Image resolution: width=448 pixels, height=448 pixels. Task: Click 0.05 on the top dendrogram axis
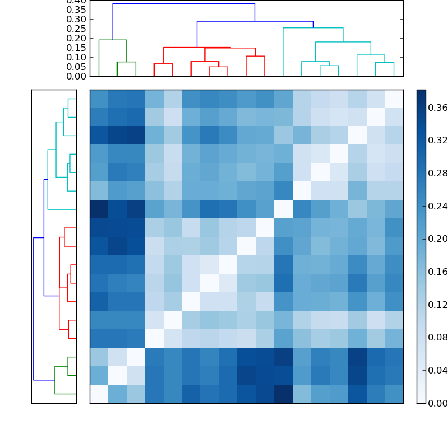click(77, 67)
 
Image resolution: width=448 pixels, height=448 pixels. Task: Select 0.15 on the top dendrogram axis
click(77, 48)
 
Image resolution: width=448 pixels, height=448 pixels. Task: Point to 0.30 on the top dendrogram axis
click(77, 19)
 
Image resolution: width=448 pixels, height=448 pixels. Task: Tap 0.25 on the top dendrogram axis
click(77, 29)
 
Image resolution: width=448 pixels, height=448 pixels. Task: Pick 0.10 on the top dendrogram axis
click(77, 57)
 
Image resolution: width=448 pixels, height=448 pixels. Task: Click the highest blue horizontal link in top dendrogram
click(184, 4)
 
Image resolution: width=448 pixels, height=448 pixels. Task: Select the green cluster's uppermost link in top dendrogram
click(112, 40)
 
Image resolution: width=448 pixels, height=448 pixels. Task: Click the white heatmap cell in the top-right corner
click(394, 99)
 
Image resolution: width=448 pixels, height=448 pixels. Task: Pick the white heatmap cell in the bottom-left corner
click(99, 394)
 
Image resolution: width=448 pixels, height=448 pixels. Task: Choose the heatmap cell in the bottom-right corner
click(394, 394)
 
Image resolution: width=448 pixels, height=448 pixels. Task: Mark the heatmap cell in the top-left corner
click(99, 99)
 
